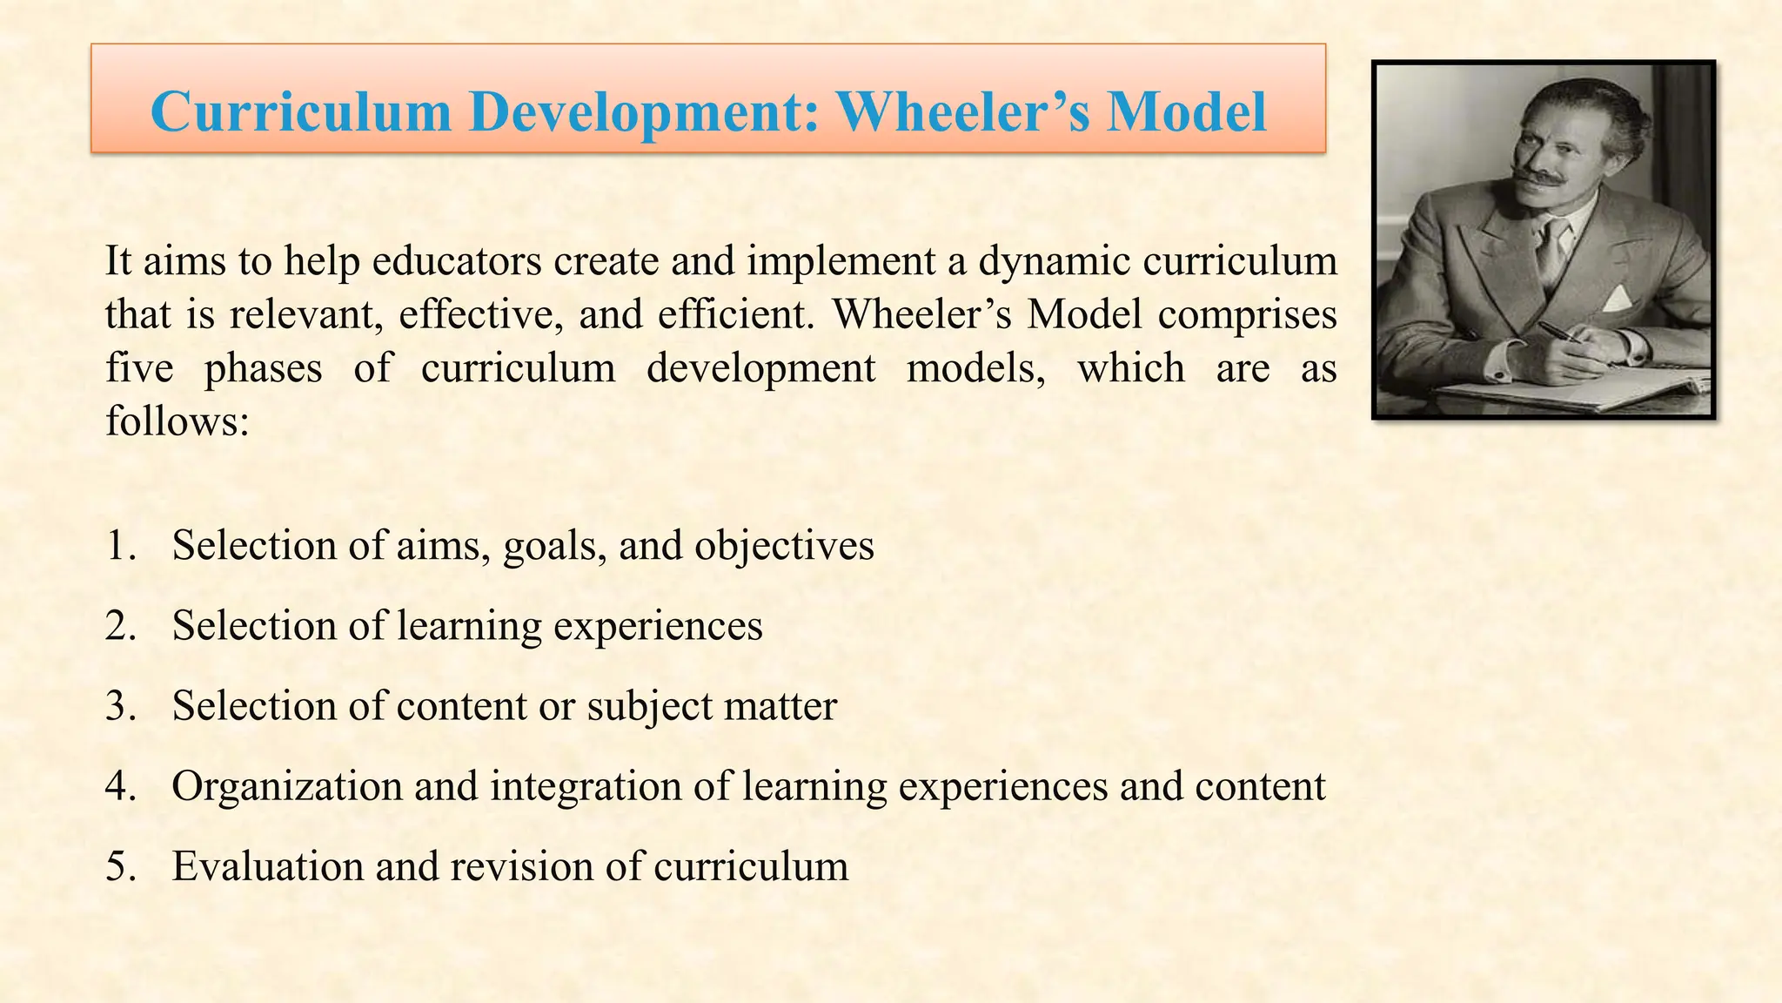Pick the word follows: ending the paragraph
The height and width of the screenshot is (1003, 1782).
[x=178, y=421]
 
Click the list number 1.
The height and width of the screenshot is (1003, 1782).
[x=121, y=546]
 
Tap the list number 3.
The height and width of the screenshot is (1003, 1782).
[x=121, y=706]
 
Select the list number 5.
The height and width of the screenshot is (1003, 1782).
[x=121, y=866]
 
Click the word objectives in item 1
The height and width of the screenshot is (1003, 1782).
[x=784, y=546]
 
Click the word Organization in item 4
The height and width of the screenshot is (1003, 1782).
[x=287, y=786]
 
